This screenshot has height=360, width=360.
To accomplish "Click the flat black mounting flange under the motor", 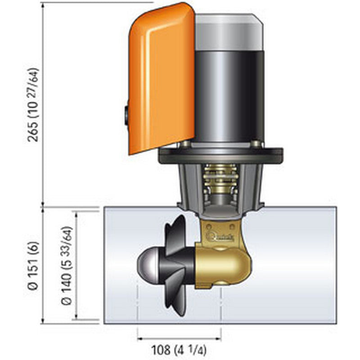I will [220, 155].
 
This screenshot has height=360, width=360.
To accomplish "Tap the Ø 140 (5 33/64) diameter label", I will [66, 265].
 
